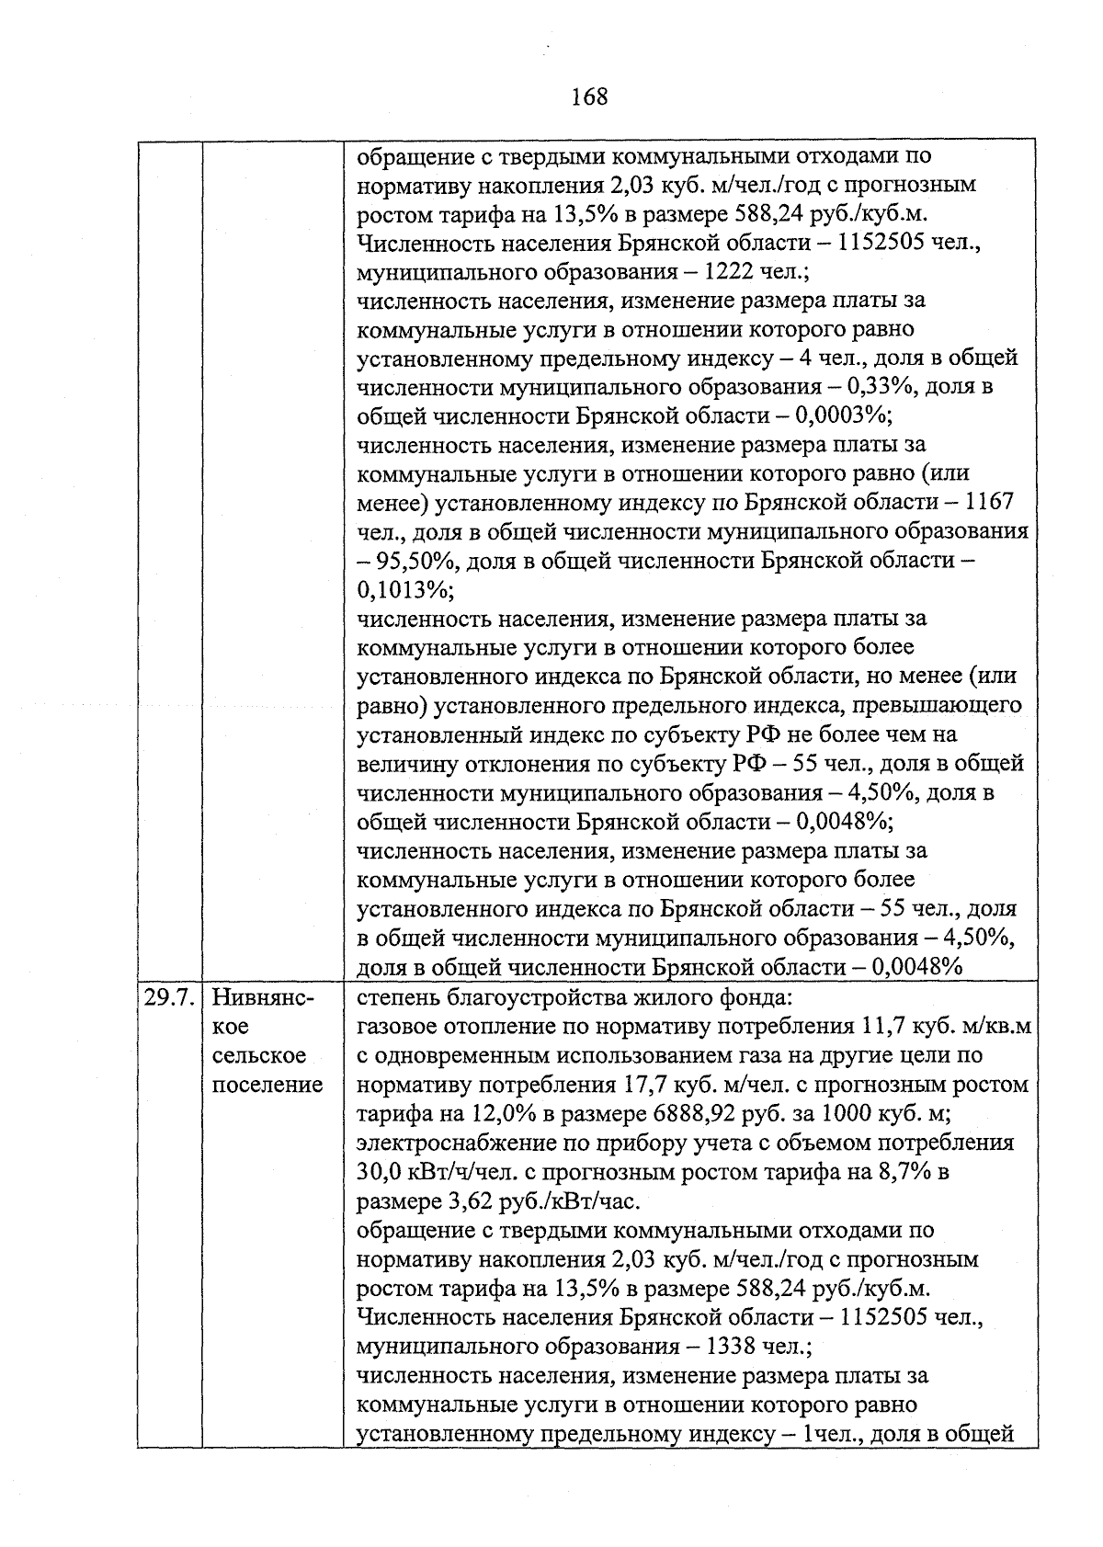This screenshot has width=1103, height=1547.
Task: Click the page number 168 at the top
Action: pos(589,97)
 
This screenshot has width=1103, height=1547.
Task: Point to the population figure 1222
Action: pos(729,272)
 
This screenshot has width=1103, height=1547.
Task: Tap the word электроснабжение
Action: pos(444,1143)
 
